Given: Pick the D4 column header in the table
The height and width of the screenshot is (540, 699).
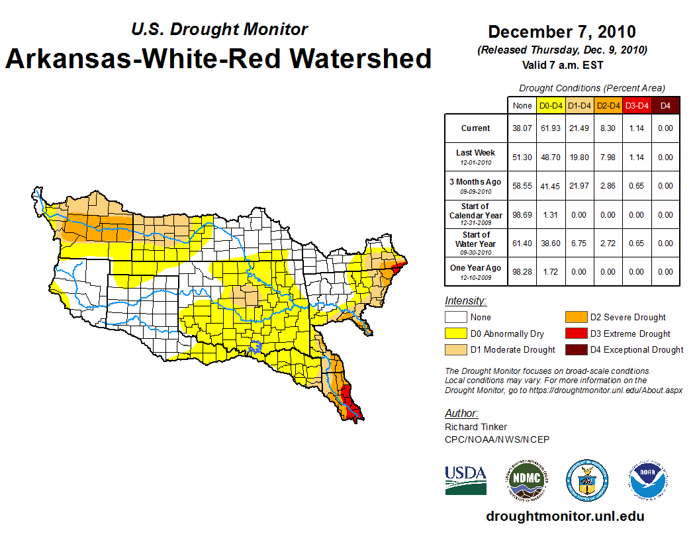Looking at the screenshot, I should [x=665, y=105].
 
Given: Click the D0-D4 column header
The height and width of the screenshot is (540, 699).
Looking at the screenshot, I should [x=551, y=105].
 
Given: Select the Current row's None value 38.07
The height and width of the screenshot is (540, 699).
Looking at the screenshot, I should [x=522, y=128].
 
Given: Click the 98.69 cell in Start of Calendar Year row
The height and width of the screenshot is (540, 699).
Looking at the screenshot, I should [x=522, y=214].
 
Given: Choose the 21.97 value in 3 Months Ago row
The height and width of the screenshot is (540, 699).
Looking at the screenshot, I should [x=580, y=186].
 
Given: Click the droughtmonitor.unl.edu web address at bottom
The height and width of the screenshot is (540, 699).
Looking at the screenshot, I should [x=565, y=516].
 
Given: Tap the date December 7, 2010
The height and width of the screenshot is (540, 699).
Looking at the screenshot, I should [x=561, y=32].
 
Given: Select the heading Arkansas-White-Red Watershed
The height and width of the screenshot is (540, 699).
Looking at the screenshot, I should [x=218, y=58].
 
